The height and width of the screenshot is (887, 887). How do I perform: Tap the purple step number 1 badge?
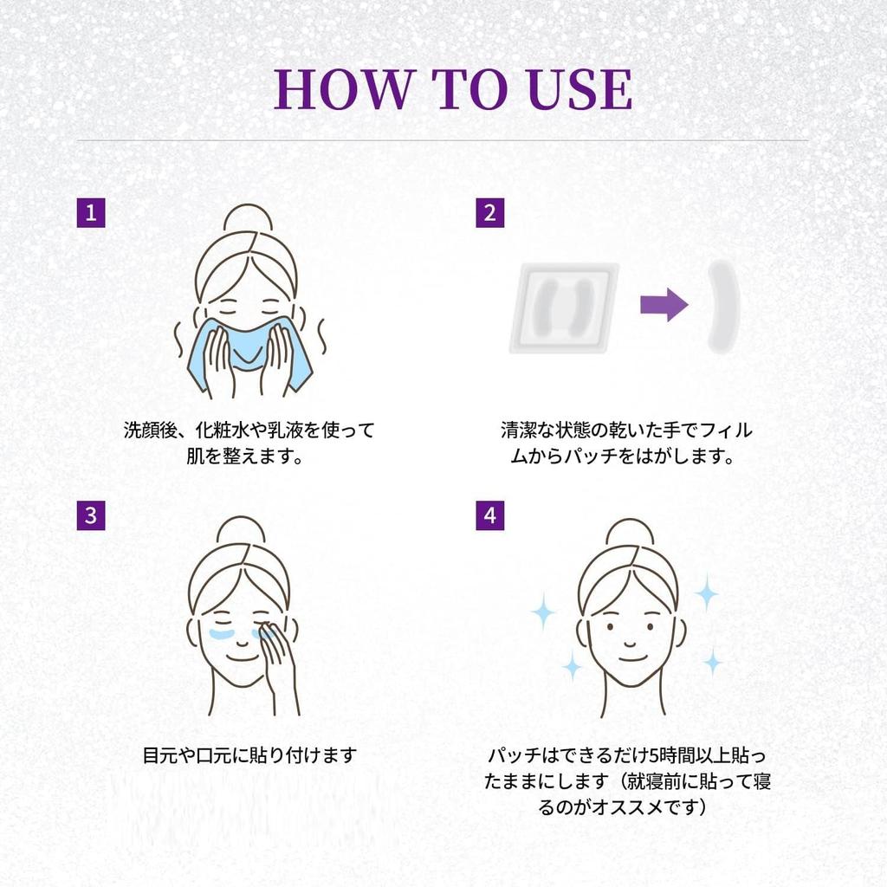click(91, 213)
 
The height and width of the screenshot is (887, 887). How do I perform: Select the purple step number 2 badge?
click(490, 213)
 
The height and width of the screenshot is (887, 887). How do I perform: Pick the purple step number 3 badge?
click(91, 516)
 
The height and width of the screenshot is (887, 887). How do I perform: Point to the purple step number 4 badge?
click(490, 516)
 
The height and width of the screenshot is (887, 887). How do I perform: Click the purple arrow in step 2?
click(664, 305)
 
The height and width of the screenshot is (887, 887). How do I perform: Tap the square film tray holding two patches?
click(563, 308)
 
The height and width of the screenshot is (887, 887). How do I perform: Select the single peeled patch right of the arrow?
click(723, 307)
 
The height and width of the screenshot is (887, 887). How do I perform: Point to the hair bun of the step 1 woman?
click(248, 218)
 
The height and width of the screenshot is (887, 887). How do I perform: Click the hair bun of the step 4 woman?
click(630, 533)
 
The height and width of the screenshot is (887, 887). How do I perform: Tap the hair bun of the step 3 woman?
click(241, 530)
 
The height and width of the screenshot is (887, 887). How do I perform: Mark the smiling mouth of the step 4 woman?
click(631, 658)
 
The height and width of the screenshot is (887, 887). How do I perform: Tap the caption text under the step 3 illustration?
click(249, 754)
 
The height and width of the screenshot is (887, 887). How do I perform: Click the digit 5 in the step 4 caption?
click(654, 755)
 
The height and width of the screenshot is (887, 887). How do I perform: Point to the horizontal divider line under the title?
click(443, 139)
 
